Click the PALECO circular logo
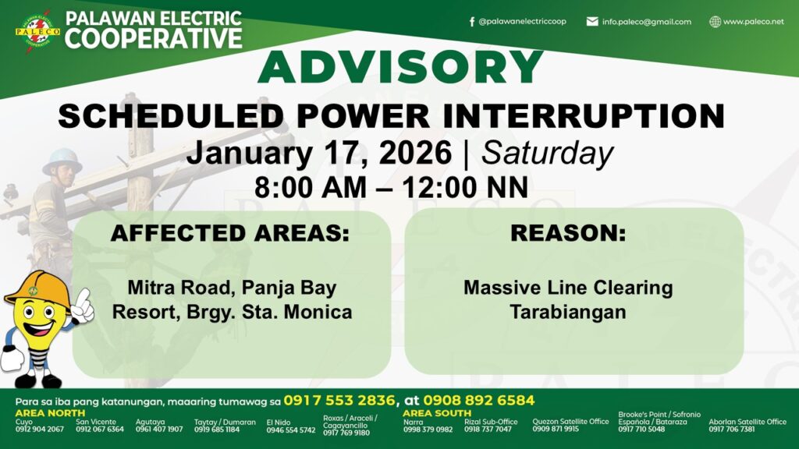pos(37,31)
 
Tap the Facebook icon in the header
pos(472,22)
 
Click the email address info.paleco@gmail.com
pos(646,22)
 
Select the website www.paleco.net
pos(753,22)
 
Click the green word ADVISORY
pos(400,67)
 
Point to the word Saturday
pos(547,154)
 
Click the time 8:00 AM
pos(311,187)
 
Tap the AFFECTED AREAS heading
pos(230,233)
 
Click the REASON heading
pos(568,233)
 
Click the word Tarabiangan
pos(568,312)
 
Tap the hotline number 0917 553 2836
pos(339,401)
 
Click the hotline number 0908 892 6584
pos(479,401)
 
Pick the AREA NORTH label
pos(50,413)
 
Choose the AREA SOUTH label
pos(437,413)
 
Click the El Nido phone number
pos(291,430)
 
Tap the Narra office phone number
pos(428,430)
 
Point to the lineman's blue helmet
pos(62,161)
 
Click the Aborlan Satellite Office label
pos(748,422)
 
